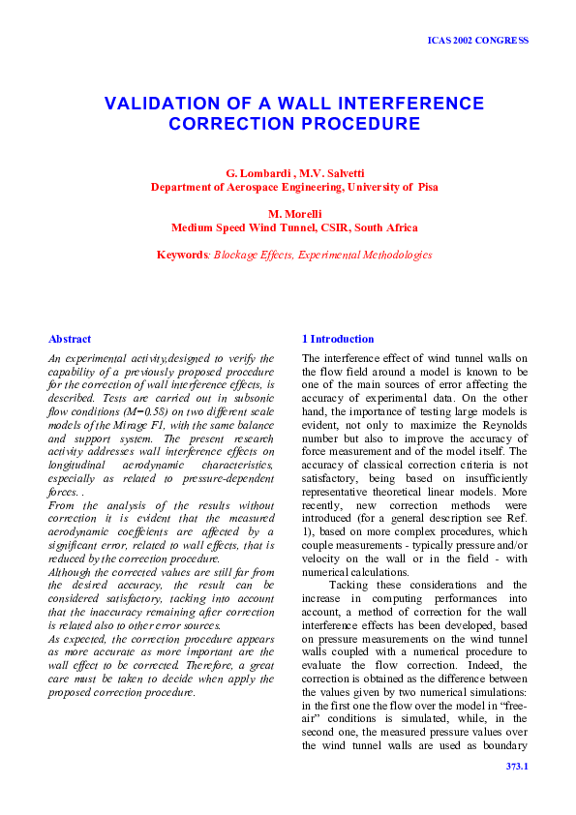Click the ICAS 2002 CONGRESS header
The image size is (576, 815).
click(477, 41)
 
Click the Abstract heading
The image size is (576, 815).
click(70, 339)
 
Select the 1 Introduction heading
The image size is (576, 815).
click(338, 339)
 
